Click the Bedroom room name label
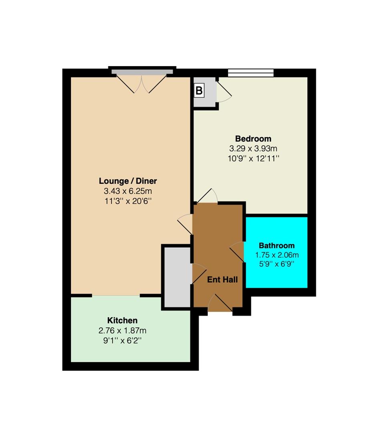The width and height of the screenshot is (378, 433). pyautogui.click(x=253, y=139)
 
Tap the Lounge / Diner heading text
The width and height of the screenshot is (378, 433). pyautogui.click(x=128, y=181)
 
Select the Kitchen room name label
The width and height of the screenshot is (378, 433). pyautogui.click(x=122, y=320)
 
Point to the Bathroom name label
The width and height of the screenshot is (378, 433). pyautogui.click(x=277, y=245)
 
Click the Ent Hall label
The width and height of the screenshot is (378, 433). pyautogui.click(x=222, y=279)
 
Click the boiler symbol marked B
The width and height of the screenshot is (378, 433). pyautogui.click(x=199, y=91)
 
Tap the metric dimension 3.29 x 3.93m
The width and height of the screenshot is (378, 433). pyautogui.click(x=253, y=149)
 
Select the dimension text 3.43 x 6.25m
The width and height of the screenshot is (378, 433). pyautogui.click(x=128, y=191)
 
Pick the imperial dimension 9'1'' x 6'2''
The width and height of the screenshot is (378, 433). pyautogui.click(x=122, y=340)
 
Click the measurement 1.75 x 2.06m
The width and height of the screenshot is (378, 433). pyautogui.click(x=277, y=255)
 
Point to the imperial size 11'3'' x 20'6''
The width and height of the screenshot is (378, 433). pyautogui.click(x=128, y=201)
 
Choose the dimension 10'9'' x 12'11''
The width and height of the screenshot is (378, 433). pyautogui.click(x=253, y=158)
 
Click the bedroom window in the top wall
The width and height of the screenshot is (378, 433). pyautogui.click(x=251, y=73)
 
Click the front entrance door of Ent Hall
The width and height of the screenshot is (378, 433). pyautogui.click(x=220, y=303)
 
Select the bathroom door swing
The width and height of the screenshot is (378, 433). pyautogui.click(x=237, y=251)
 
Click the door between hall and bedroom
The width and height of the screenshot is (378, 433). pyautogui.click(x=207, y=196)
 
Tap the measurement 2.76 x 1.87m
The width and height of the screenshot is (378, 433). pyautogui.click(x=122, y=330)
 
